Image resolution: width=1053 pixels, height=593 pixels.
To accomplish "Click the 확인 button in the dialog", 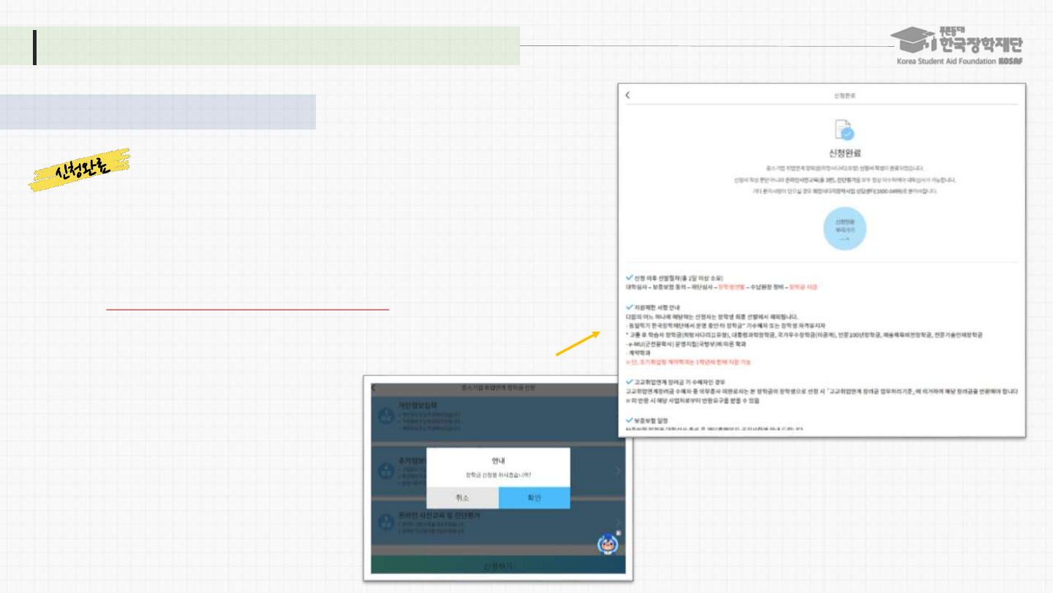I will (534, 498).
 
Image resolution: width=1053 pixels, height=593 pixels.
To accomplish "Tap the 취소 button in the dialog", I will (462, 498).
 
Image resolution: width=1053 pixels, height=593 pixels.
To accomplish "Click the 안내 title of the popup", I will (498, 460).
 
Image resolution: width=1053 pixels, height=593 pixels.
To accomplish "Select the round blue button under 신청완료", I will (845, 229).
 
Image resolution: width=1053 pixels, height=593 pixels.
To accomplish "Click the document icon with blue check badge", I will (844, 130).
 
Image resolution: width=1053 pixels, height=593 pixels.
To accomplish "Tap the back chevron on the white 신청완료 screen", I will (627, 95).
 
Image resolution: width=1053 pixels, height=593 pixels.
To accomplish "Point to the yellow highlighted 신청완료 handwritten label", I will (80, 170).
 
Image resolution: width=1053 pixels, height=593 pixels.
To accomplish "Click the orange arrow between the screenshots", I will (578, 343).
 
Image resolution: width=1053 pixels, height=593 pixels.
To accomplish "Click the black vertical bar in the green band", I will (34, 47).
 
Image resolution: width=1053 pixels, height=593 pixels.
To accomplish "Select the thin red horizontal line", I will (247, 310).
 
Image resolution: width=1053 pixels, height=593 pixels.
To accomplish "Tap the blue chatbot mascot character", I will (607, 543).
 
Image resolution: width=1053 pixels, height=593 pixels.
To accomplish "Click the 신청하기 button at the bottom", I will (498, 566).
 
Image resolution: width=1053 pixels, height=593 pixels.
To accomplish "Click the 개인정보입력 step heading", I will (418, 405).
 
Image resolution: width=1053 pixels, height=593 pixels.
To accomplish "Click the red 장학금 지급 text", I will (804, 287).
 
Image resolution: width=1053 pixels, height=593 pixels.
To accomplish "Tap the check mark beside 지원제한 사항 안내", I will (630, 307).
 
